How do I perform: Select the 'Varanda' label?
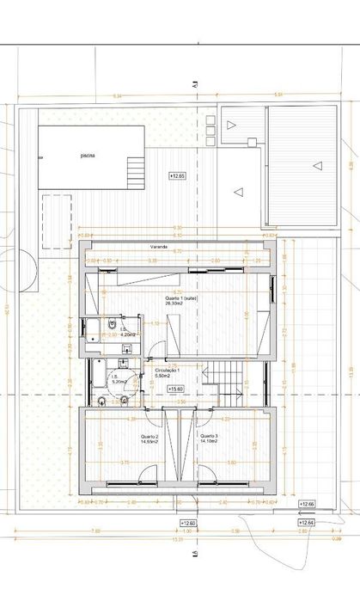(157, 247)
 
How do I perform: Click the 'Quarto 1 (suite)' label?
(181, 298)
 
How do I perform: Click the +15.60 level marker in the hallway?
(175, 389)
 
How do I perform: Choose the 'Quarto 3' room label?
(209, 436)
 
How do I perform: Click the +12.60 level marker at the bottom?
(188, 522)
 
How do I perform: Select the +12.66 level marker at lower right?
(307, 503)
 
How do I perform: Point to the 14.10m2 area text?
(209, 441)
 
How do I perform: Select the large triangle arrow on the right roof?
(318, 165)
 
